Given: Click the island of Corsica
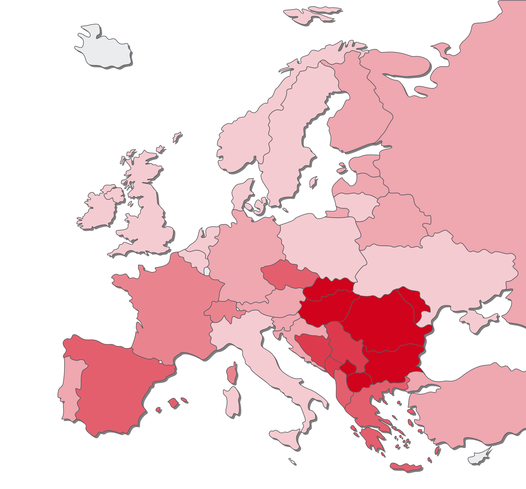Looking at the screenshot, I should [x=231, y=374].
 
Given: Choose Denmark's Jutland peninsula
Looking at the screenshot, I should [x=241, y=194].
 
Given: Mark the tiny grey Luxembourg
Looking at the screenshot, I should [x=207, y=271].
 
